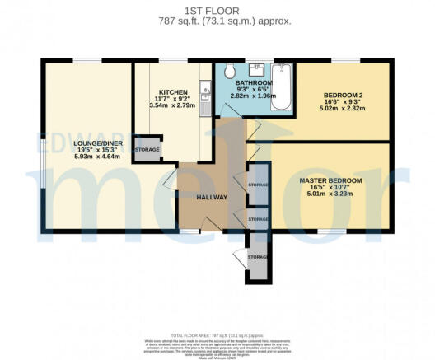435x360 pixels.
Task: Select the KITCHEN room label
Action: tap(174, 92)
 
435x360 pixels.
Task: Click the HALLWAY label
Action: tap(211, 197)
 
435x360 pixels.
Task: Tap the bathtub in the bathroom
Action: tap(281, 87)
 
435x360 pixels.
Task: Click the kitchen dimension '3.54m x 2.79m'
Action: tap(174, 106)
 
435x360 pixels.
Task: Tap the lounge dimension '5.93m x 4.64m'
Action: tap(76, 157)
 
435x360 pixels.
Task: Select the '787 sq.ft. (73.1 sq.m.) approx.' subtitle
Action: tap(217, 22)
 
